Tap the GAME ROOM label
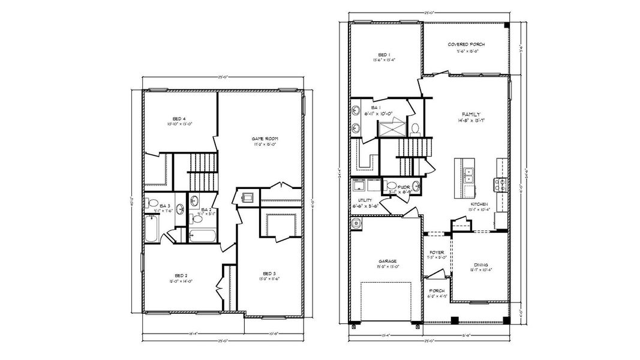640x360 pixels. [264, 139]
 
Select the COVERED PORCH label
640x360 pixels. [466, 44]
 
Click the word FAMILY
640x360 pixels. [471, 114]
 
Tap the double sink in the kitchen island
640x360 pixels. [468, 174]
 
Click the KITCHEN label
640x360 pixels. [479, 204]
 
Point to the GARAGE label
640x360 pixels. [387, 261]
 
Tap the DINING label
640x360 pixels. [480, 265]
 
